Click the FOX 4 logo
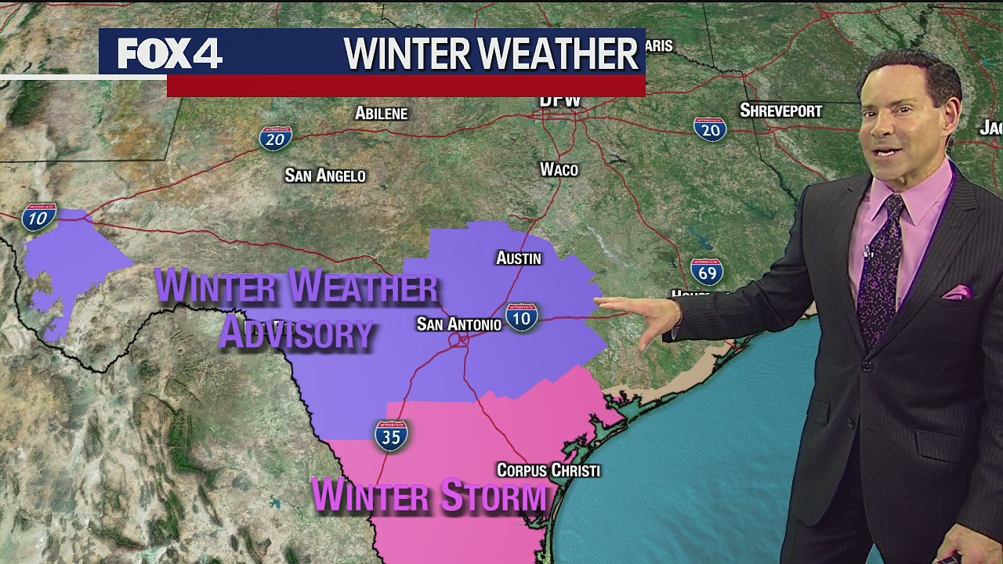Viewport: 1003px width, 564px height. [x=170, y=54]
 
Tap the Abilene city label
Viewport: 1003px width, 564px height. [x=381, y=114]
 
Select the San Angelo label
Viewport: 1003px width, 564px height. [x=325, y=175]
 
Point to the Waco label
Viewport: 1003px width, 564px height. [x=559, y=169]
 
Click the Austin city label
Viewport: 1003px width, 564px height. [x=519, y=258]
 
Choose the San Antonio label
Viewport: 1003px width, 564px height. [x=458, y=324]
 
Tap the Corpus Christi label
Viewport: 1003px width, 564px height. [x=549, y=470]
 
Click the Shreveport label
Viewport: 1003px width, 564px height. [x=780, y=110]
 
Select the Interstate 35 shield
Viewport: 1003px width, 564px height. [x=391, y=436]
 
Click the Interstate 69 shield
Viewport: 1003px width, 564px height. [x=707, y=272]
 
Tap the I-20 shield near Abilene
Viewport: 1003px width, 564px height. [x=275, y=139]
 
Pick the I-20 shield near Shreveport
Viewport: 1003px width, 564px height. [x=710, y=129]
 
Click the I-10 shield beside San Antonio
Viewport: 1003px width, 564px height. [x=522, y=316]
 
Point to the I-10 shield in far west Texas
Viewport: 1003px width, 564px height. [x=39, y=217]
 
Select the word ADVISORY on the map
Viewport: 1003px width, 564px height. [x=295, y=332]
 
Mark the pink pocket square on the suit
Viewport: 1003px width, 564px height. [x=958, y=292]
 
